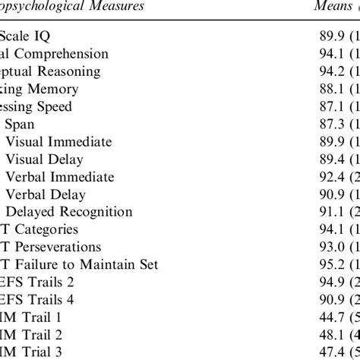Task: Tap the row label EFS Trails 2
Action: [x=35, y=282]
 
